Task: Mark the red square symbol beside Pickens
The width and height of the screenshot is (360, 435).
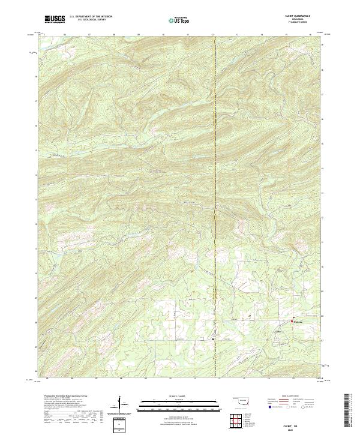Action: click(293, 317)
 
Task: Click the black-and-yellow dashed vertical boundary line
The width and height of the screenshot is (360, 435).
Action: click(215, 180)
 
